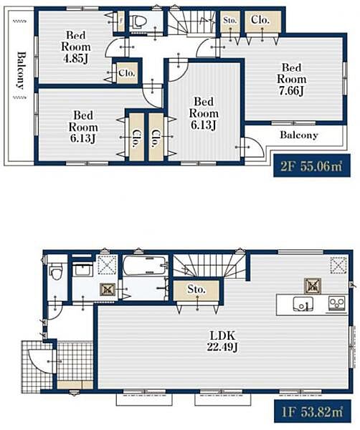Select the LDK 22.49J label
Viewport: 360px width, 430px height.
pyautogui.click(x=222, y=341)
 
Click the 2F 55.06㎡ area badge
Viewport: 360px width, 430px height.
pyautogui.click(x=312, y=166)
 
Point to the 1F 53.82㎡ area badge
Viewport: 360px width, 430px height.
pyautogui.click(x=313, y=411)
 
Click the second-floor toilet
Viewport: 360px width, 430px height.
pyautogui.click(x=138, y=21)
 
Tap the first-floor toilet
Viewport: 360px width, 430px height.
pyautogui.click(x=56, y=271)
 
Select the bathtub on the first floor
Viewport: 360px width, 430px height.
pyautogui.click(x=144, y=265)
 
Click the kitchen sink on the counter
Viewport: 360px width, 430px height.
pyautogui.click(x=303, y=304)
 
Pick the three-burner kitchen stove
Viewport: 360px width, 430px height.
pyautogui.click(x=337, y=304)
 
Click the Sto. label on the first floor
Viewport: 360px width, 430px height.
pyautogui.click(x=196, y=289)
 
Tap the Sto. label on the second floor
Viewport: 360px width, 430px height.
pyautogui.click(x=230, y=20)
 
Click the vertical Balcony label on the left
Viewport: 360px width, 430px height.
pyautogui.click(x=21, y=70)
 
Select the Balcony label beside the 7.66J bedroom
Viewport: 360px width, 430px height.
pyautogui.click(x=299, y=135)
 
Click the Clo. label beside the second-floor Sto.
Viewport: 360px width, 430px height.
pyautogui.click(x=260, y=20)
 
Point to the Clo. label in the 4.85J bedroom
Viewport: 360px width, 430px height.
pyautogui.click(x=127, y=73)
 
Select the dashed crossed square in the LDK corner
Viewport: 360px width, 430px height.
pyautogui.click(x=339, y=265)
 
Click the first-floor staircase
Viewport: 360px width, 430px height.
pyautogui.click(x=209, y=266)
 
